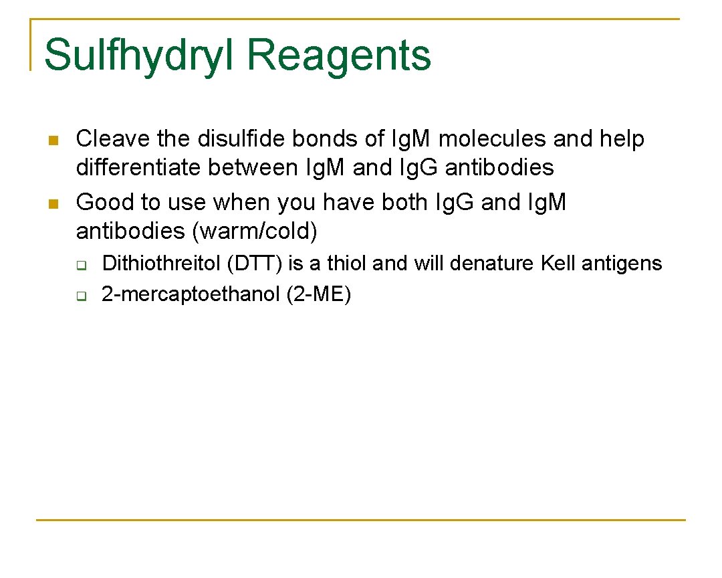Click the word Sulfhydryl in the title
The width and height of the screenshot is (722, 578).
click(x=138, y=55)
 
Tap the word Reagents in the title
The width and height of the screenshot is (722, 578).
click(x=340, y=56)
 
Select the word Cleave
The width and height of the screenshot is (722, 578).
click(x=113, y=139)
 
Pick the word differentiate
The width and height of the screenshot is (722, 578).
click(x=138, y=167)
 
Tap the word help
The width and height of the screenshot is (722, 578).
click(x=621, y=139)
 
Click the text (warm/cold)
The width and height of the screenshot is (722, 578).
click(x=254, y=231)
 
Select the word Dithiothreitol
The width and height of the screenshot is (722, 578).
click(x=161, y=264)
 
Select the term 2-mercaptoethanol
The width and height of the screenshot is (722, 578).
click(x=190, y=294)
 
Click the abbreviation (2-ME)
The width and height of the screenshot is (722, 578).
click(x=318, y=294)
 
